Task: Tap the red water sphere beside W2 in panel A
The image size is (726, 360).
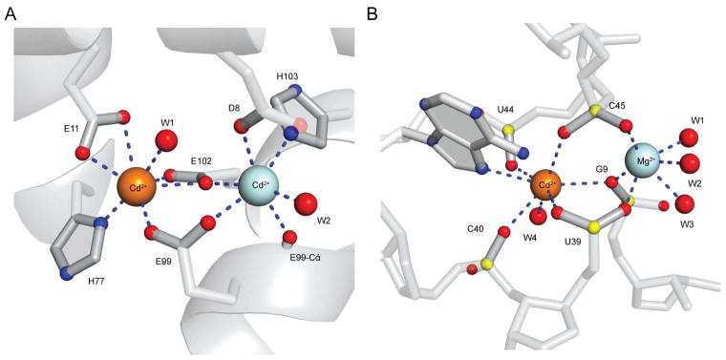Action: click(306, 203)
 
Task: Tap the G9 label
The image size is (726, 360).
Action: click(602, 170)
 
